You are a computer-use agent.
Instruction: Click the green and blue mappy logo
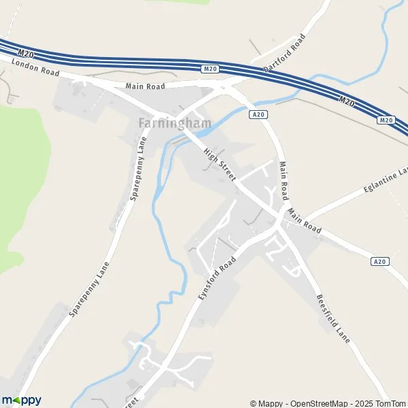coord(21,401)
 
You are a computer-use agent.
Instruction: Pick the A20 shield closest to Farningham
coord(258,116)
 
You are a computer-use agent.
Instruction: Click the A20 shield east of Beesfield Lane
coord(379,261)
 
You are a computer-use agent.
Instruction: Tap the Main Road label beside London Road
coord(146,86)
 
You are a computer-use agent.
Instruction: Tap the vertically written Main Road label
coord(284,182)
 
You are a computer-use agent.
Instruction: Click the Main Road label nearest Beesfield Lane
coord(303,221)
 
